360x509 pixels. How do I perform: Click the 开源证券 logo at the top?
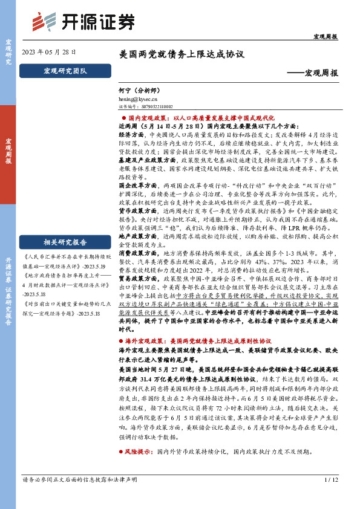(x=85, y=22)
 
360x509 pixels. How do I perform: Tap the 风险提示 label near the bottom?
(x=139, y=468)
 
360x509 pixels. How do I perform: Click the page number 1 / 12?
(x=330, y=497)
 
